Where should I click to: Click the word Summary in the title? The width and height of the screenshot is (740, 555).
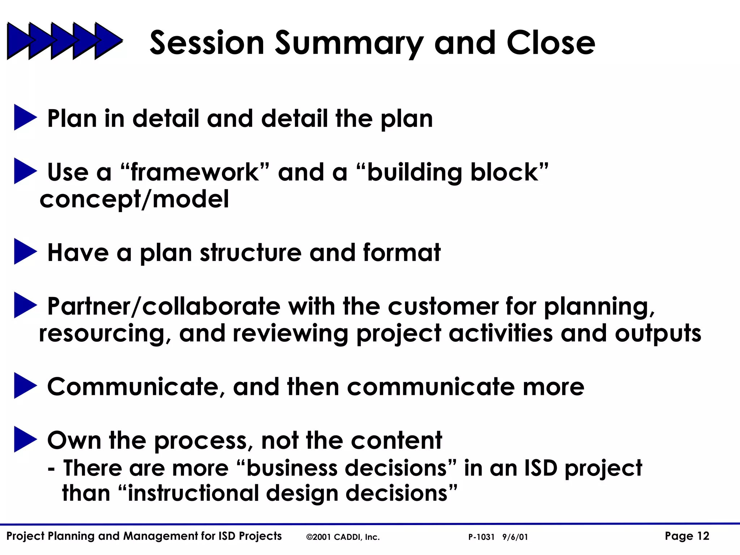point(349,43)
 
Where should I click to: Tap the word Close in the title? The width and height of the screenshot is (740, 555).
point(551,43)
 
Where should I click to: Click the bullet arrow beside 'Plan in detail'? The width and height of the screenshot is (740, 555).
point(25,117)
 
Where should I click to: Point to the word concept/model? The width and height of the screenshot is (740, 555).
point(134,199)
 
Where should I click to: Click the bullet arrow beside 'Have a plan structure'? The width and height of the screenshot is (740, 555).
point(25,251)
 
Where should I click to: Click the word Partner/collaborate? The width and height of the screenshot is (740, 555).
point(164,306)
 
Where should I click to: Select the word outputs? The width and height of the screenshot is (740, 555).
point(658,333)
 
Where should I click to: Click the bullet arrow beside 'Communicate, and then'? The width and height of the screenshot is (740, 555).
point(25,386)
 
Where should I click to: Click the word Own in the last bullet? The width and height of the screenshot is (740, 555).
point(74,440)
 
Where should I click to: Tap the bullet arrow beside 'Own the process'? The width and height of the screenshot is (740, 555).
point(25,439)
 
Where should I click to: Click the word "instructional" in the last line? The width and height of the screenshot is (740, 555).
point(192,493)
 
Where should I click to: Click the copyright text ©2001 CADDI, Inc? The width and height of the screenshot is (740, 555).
point(343,537)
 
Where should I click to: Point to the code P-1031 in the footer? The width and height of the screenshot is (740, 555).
point(481,537)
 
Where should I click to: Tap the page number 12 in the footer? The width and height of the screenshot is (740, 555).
point(703,536)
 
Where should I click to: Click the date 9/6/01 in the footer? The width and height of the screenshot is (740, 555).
point(515,537)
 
